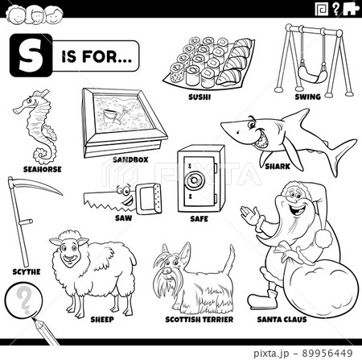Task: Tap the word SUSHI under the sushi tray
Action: click(199, 95)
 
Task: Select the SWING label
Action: click(307, 97)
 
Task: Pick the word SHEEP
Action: click(102, 320)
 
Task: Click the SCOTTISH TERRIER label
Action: click(192, 320)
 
